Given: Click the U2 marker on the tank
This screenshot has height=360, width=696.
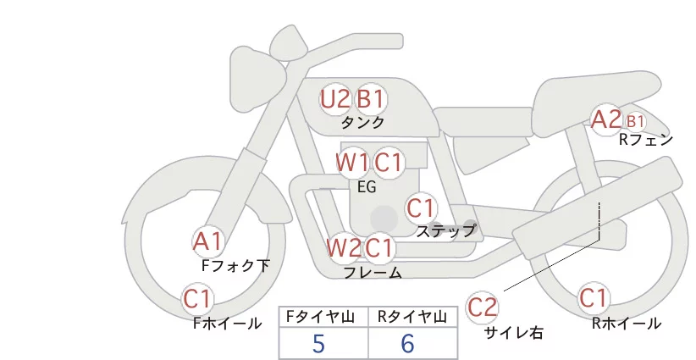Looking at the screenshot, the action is (334, 99).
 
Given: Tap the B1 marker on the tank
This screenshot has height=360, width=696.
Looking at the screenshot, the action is (370, 99).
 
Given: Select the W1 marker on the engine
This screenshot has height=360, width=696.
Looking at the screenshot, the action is (352, 163).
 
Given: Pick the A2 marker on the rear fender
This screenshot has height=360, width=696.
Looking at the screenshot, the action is (606, 119).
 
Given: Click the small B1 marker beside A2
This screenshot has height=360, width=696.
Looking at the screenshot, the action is (635, 121).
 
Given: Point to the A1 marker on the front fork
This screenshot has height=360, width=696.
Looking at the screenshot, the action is (207, 242).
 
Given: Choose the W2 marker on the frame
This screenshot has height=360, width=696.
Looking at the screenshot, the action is (344, 247).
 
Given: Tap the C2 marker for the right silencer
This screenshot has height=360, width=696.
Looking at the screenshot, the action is (482, 307).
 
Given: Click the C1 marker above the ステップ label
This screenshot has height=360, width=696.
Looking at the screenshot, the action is (420, 208).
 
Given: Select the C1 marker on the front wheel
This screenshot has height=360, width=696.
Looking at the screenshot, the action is (196, 299).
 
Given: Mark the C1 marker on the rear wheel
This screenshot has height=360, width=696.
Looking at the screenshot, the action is (594, 298).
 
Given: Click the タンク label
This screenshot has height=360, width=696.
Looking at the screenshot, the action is (362, 122).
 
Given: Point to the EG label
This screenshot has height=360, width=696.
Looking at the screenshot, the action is (367, 187).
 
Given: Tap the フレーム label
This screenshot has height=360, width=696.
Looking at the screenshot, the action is (373, 272).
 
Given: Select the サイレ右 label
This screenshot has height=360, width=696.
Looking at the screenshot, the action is (514, 332).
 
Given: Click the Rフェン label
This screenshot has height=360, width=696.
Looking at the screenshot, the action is (646, 140).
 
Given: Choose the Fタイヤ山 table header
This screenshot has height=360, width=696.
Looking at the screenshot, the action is (320, 317).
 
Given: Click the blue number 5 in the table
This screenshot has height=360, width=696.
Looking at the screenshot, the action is (319, 344).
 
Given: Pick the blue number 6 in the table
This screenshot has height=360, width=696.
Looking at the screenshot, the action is (407, 344).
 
